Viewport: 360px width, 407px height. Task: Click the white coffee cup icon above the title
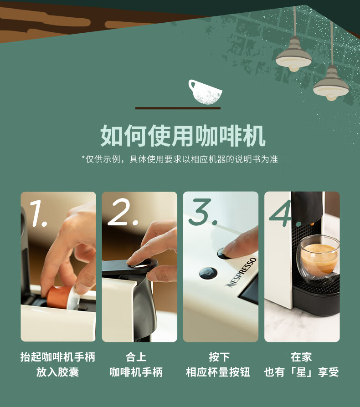click(x=205, y=92)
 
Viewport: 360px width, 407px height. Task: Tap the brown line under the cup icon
click(x=178, y=108)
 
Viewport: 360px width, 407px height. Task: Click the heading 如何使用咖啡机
click(x=183, y=136)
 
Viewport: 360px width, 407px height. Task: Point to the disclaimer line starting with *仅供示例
click(x=180, y=159)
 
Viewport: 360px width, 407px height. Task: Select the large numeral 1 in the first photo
click(x=38, y=213)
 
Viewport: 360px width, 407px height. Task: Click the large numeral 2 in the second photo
click(x=123, y=212)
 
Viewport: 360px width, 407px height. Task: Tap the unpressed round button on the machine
click(x=208, y=273)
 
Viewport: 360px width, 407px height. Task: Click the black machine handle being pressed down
click(x=130, y=267)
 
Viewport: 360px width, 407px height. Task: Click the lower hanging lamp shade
click(x=331, y=84)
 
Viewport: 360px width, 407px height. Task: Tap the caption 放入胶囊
click(x=57, y=372)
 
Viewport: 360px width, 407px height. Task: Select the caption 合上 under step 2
click(x=136, y=357)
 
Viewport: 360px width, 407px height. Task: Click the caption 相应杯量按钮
click(x=218, y=372)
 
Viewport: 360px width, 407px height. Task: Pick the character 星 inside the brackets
click(x=301, y=372)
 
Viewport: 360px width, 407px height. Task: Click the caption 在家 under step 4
click(x=301, y=357)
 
